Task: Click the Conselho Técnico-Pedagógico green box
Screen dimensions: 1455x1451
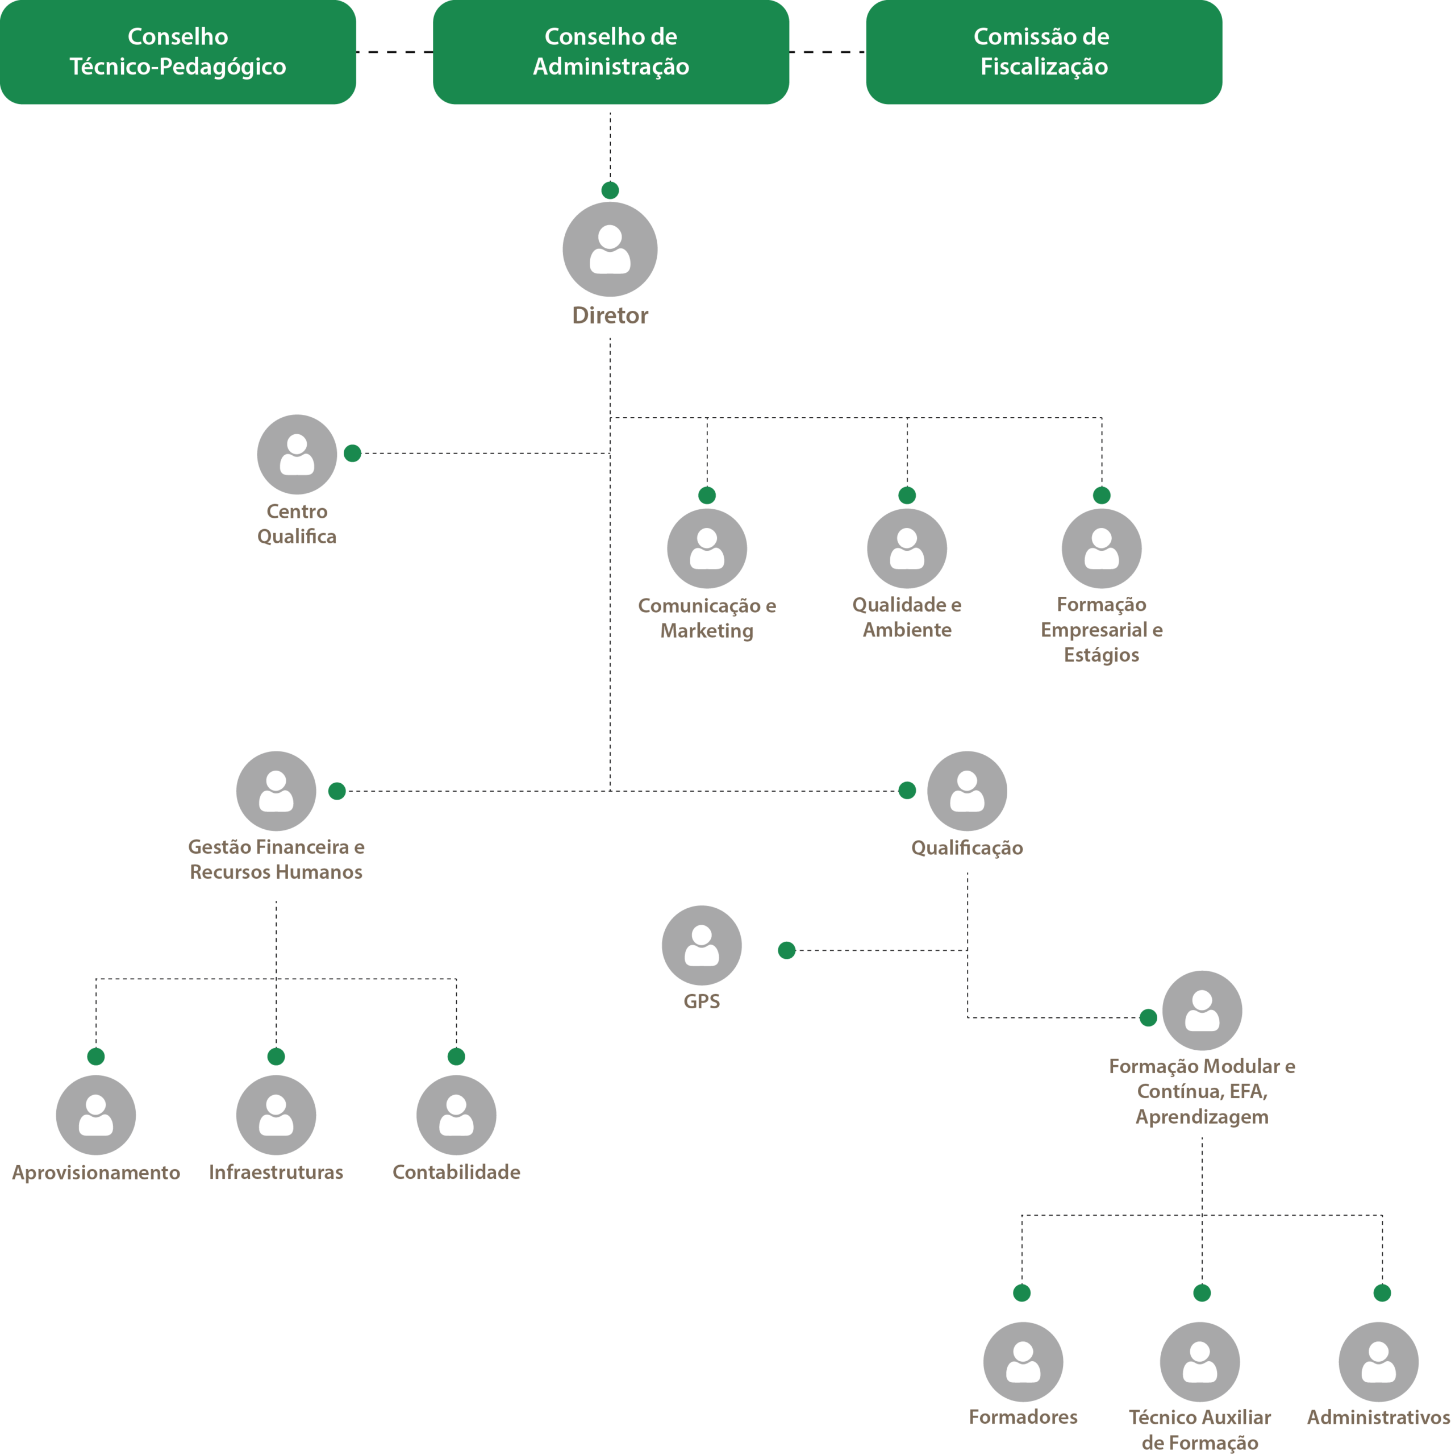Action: click(x=178, y=52)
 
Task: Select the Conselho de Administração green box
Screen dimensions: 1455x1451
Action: click(x=611, y=52)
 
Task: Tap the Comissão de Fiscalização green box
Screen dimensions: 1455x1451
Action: click(x=1044, y=52)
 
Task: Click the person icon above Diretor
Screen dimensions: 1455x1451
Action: click(x=610, y=250)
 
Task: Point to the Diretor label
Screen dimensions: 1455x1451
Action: click(x=610, y=315)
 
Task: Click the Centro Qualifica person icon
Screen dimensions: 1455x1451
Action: click(x=297, y=454)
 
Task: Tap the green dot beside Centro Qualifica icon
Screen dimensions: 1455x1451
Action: click(x=352, y=454)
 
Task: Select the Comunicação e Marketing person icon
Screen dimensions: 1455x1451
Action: click(x=706, y=548)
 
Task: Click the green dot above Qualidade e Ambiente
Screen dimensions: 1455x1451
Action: click(x=907, y=495)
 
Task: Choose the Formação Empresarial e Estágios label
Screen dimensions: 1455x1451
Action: click(x=1101, y=630)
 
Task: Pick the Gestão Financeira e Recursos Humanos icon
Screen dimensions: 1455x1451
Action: click(x=276, y=791)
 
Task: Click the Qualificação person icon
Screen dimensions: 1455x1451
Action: click(x=967, y=791)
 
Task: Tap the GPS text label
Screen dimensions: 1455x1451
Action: click(x=701, y=1001)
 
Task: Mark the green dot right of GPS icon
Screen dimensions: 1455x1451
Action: click(x=786, y=950)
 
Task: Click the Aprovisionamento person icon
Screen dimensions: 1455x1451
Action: click(x=95, y=1115)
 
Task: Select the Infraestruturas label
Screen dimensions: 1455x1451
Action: click(x=276, y=1172)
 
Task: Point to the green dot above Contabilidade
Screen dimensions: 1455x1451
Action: click(x=456, y=1056)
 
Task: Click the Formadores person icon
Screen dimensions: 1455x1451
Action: click(x=1023, y=1362)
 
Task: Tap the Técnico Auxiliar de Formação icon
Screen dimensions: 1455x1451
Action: click(x=1199, y=1362)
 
